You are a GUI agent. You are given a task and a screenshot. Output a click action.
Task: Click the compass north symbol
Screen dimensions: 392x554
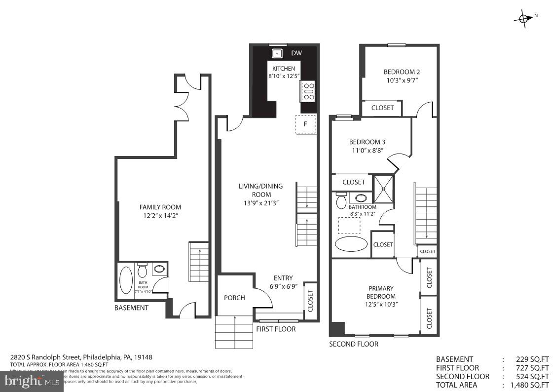[523, 18]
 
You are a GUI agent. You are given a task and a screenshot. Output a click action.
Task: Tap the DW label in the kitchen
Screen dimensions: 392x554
[296, 53]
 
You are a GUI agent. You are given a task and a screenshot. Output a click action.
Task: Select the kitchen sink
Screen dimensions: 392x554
[277, 53]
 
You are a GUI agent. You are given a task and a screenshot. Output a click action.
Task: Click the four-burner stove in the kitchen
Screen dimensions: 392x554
[309, 92]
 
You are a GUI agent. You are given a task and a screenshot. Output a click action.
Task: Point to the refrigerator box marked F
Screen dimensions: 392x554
[305, 124]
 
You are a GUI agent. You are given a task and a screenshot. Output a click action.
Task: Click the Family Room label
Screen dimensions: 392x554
[160, 207]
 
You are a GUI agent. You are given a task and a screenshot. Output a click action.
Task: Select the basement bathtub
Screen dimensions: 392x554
[126, 280]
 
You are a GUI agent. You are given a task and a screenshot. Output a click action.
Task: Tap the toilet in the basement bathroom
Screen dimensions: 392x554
[143, 271]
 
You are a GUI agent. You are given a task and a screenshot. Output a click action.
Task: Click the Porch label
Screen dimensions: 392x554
[234, 298]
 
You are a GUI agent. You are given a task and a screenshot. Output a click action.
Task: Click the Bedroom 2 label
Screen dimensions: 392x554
[402, 72]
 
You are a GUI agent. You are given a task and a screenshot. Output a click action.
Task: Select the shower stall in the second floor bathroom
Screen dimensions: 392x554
[384, 189]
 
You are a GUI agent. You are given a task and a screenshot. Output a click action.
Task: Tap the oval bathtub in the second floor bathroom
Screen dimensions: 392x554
[351, 244]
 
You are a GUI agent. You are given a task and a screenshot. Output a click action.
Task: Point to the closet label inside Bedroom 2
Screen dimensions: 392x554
[382, 108]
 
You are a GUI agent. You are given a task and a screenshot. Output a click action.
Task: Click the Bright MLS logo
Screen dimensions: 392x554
[32, 381]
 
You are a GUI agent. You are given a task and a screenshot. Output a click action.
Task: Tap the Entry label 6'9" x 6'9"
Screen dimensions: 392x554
[283, 282]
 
